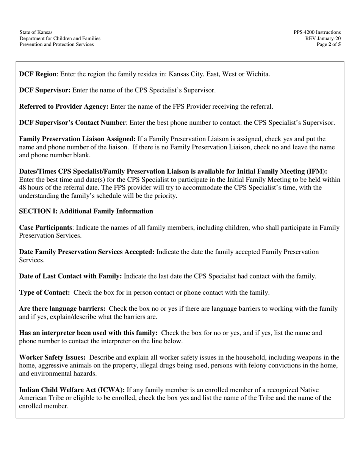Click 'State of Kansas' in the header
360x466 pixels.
click(x=36, y=33)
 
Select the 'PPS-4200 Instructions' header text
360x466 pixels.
click(x=317, y=33)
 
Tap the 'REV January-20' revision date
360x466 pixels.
click(x=323, y=39)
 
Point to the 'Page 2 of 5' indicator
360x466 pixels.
click(x=329, y=44)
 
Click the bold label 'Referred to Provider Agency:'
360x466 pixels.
click(x=64, y=106)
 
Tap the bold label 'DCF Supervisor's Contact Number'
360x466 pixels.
click(x=72, y=123)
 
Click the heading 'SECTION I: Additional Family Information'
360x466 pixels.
click(x=86, y=211)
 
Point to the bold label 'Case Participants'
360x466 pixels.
click(x=45, y=228)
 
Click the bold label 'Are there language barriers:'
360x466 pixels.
click(x=62, y=309)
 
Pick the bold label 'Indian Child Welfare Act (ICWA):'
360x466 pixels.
click(x=72, y=390)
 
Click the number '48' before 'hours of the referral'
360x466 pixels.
click(x=23, y=188)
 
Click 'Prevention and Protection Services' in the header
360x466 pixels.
click(x=56, y=44)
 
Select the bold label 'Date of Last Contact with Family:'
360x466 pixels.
click(x=70, y=276)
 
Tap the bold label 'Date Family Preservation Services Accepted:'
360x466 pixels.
click(x=87, y=252)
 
